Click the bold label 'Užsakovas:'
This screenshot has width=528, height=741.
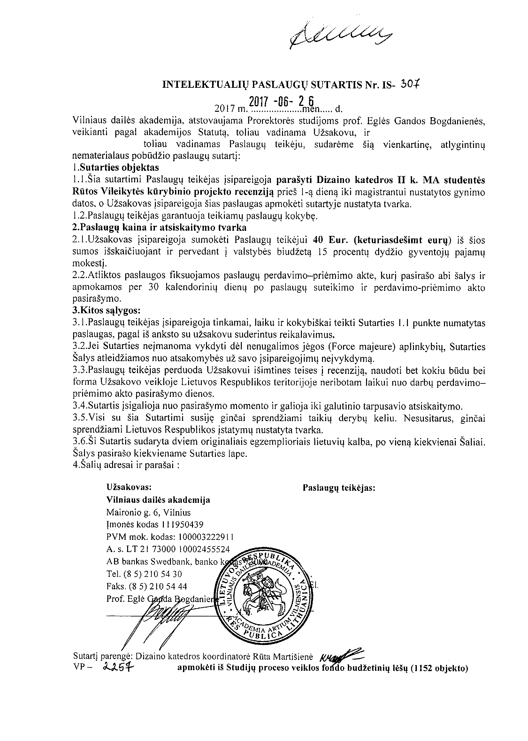click(129, 487)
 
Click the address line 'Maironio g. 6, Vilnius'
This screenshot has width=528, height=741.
click(149, 512)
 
